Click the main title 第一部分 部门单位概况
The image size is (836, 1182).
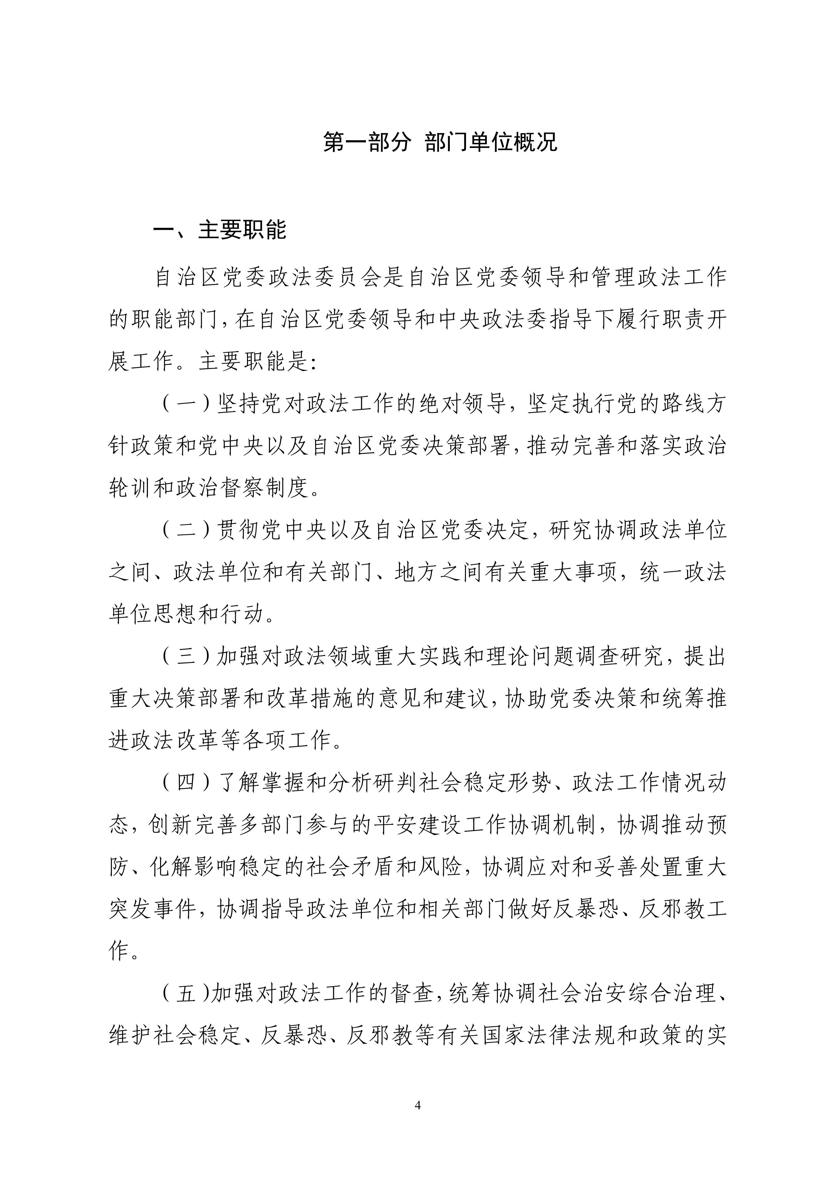(440, 142)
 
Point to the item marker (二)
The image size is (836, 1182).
(186, 530)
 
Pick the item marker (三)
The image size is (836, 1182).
(186, 656)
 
